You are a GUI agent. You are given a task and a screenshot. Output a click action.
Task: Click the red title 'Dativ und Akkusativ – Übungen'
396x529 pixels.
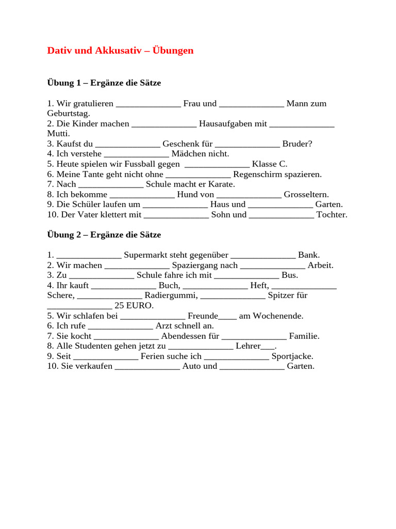[120, 51]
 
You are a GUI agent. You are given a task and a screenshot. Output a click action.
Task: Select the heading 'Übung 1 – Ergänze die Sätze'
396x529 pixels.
[104, 83]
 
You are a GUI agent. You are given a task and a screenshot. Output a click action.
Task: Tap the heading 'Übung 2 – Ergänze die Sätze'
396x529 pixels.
[104, 235]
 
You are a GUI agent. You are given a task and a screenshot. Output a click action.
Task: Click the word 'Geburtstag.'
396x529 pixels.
[69, 114]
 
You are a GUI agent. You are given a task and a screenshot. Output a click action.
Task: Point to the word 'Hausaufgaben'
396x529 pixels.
[225, 124]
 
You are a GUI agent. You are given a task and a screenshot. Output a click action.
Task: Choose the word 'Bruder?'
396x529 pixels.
[297, 144]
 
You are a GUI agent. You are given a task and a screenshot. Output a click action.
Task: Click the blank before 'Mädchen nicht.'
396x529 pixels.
[137, 154]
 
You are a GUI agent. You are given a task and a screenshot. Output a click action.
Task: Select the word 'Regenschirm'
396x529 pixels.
[257, 175]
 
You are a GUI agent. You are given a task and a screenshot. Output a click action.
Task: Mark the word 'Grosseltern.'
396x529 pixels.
[306, 195]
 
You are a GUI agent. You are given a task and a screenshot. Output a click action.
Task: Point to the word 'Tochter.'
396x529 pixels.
[332, 215]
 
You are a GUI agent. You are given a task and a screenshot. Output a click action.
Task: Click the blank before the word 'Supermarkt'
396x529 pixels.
[89, 255]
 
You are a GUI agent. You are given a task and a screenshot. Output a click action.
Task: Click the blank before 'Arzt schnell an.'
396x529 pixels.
[121, 326]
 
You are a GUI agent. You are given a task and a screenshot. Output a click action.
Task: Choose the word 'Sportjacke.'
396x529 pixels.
[292, 356]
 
